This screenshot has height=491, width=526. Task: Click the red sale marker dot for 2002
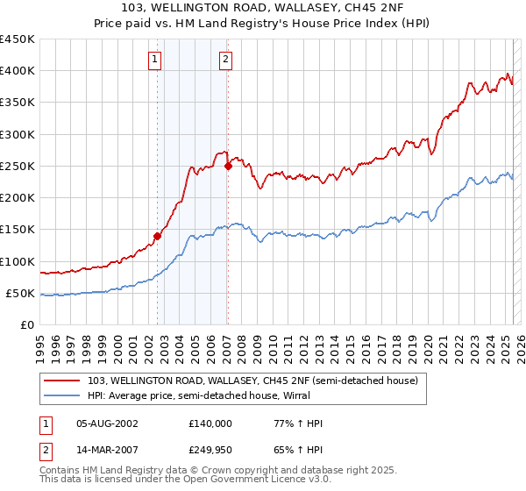pyautogui.click(x=158, y=235)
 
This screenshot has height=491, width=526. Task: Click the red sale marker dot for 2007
pyautogui.click(x=228, y=165)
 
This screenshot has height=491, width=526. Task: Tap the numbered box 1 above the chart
pyautogui.click(x=155, y=60)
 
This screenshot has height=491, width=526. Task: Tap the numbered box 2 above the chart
pyautogui.click(x=225, y=60)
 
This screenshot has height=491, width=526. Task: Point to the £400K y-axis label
pyautogui.click(x=18, y=71)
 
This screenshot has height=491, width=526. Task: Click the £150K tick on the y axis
pyautogui.click(x=18, y=230)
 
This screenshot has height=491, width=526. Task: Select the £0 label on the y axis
pyautogui.click(x=26, y=325)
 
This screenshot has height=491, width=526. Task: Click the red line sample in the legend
pyautogui.click(x=62, y=381)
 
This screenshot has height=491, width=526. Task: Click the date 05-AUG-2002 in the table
pyautogui.click(x=107, y=423)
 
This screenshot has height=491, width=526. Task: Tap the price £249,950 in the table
pyautogui.click(x=210, y=450)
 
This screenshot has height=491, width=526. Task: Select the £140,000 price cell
pyautogui.click(x=210, y=423)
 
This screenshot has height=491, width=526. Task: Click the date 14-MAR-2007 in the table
pyautogui.click(x=107, y=450)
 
